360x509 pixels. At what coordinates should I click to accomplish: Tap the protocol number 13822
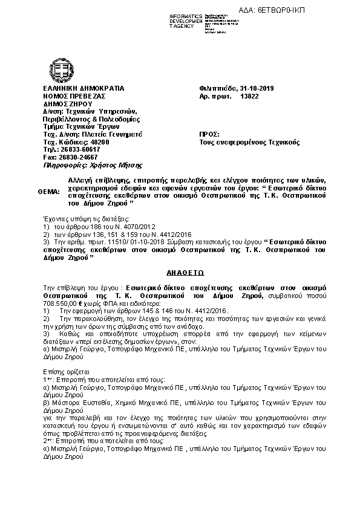click(250, 97)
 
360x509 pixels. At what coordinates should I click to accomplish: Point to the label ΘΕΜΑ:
click(49, 192)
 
